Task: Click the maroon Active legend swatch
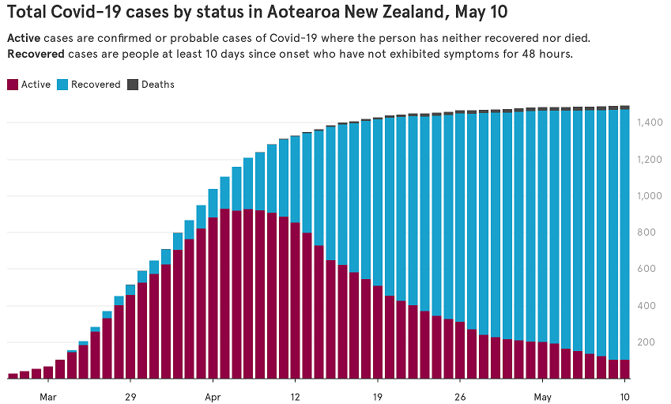click(12, 84)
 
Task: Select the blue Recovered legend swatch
click(62, 84)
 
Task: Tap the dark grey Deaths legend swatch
click(132, 84)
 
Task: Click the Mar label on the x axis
click(48, 395)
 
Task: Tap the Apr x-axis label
click(213, 395)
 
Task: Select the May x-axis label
click(542, 395)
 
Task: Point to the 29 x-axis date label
click(130, 395)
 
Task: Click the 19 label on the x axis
click(378, 395)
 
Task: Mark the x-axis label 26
click(460, 395)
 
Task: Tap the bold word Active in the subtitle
click(24, 38)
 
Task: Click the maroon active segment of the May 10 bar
click(624, 369)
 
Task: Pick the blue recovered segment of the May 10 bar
click(624, 237)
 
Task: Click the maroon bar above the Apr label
click(213, 300)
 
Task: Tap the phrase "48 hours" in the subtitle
click(549, 55)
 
